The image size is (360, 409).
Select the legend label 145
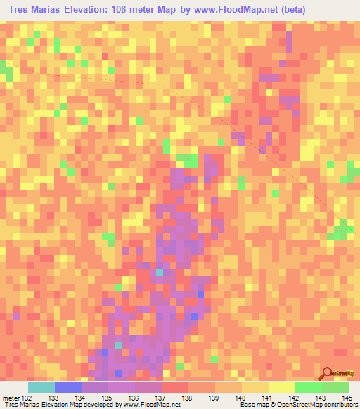tap(347, 397)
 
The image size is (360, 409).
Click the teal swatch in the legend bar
tap(41, 387)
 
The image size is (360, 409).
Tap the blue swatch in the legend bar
tap(68, 387)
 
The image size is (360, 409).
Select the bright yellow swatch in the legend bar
tap(281, 387)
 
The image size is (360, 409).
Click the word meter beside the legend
tap(10, 397)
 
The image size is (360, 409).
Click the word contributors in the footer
tap(340, 404)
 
